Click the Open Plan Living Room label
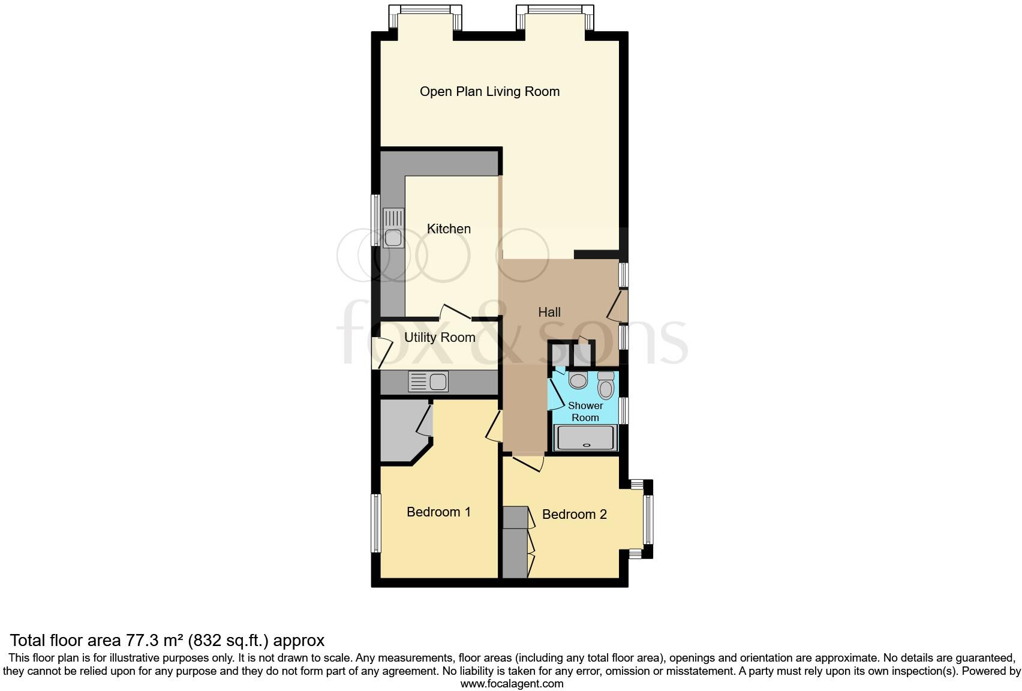(489, 92)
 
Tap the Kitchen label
(449, 229)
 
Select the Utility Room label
(440, 337)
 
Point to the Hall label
(549, 312)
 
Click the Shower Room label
(585, 411)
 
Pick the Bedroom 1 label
(438, 512)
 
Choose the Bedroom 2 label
(575, 514)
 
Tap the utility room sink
(428, 381)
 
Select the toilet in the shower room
(606, 386)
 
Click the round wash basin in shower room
(578, 380)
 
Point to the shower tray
(586, 437)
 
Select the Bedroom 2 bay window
(648, 519)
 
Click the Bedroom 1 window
(376, 522)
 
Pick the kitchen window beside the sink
(375, 220)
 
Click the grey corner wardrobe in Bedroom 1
(401, 433)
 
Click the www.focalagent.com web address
(512, 683)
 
